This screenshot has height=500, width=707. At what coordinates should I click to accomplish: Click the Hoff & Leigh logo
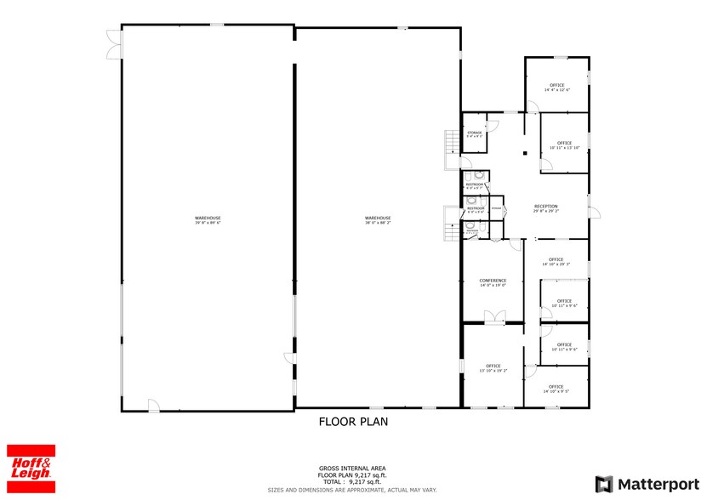pyautogui.click(x=31, y=467)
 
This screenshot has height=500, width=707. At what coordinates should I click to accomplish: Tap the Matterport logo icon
pyautogui.click(x=603, y=483)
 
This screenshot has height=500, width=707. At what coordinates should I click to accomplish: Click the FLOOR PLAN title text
pyautogui.click(x=353, y=421)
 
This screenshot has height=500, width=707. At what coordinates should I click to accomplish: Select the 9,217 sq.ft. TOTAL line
pyautogui.click(x=353, y=481)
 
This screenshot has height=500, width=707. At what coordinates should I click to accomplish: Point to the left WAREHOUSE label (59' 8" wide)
pyautogui.click(x=207, y=220)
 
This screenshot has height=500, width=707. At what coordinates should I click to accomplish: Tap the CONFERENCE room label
pyautogui.click(x=493, y=282)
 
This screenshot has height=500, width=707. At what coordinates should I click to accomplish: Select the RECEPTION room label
pyautogui.click(x=545, y=208)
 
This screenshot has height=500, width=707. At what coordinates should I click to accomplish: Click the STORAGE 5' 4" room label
pyautogui.click(x=474, y=134)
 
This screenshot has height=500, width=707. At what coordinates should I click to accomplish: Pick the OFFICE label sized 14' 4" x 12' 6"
pyautogui.click(x=557, y=87)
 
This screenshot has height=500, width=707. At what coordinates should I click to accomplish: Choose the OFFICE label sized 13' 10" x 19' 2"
pyautogui.click(x=493, y=368)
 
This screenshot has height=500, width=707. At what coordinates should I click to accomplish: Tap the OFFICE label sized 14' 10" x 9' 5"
pyautogui.click(x=556, y=389)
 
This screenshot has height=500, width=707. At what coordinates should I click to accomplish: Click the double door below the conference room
pyautogui.click(x=493, y=318)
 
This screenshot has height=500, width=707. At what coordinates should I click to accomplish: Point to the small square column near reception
pyautogui.click(x=525, y=153)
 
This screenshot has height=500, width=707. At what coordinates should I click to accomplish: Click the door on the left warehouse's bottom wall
pyautogui.click(x=153, y=406)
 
